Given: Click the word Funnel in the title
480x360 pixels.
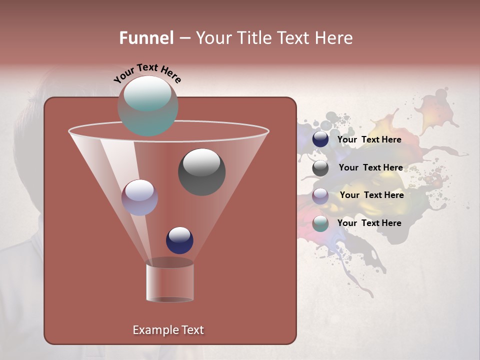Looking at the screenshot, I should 146,38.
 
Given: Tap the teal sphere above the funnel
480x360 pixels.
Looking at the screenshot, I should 148,106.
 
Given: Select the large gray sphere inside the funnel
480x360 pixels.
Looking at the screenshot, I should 201,172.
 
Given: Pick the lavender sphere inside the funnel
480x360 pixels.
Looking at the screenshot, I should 139,197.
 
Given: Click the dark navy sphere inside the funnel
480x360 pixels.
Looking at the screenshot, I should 179,240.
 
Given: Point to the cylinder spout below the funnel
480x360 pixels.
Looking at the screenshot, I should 169,283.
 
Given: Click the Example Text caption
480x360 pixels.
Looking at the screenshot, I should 168,330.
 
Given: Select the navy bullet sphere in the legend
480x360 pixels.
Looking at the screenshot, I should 320,139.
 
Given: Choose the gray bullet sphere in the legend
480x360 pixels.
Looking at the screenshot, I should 320,168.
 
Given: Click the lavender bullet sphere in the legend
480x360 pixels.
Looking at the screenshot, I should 320,195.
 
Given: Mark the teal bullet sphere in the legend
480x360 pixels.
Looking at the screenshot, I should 320,223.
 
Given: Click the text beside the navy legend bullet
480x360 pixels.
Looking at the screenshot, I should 369,140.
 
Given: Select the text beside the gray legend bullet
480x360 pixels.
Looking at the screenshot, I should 370,168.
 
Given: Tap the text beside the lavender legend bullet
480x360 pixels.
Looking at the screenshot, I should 371,195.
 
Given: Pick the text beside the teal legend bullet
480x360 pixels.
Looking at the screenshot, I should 369,223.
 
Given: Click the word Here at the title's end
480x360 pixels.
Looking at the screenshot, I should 333,38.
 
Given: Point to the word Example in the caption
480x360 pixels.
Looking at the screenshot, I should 154,330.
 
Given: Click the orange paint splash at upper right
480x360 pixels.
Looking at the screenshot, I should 435,112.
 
